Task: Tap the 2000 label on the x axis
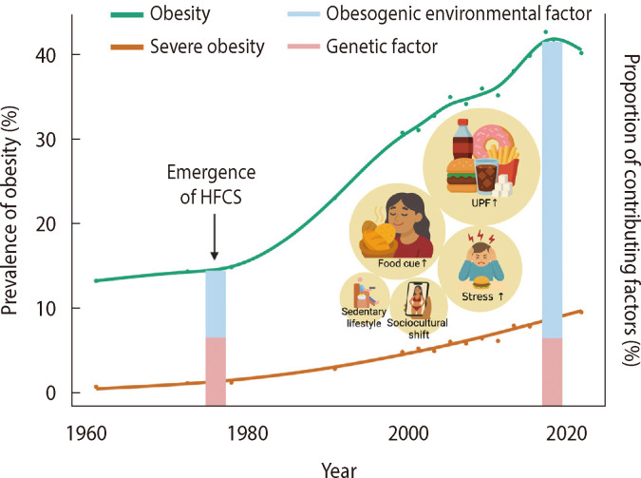click(x=402, y=430)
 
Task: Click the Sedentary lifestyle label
click(x=363, y=318)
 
